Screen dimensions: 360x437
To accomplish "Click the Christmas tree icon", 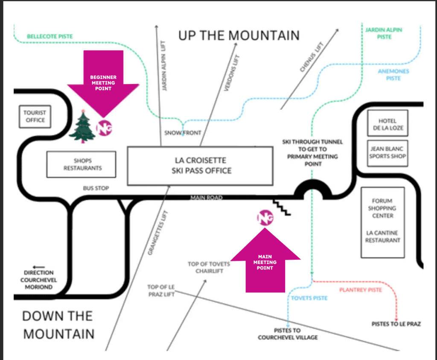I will [x=82, y=126].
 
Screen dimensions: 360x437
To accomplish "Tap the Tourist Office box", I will [x=35, y=117].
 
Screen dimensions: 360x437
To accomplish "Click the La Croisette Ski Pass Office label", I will [x=200, y=166].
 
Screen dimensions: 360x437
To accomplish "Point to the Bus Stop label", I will [x=96, y=188].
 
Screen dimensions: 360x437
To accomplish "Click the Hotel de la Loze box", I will [x=387, y=124].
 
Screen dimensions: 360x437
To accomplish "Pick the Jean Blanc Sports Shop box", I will [x=387, y=152].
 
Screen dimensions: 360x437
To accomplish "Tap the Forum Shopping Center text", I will [x=382, y=208].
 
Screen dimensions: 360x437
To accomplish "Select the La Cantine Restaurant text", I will [x=382, y=237].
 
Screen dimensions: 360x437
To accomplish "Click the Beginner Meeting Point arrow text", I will [x=103, y=83].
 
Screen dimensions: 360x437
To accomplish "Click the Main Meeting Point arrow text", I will [x=265, y=262].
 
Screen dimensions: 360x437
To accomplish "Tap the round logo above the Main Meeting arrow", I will [x=265, y=218].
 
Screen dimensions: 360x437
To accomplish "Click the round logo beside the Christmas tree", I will [x=104, y=128].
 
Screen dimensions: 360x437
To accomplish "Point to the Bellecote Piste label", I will [x=50, y=37].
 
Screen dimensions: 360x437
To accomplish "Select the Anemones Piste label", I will [x=393, y=75].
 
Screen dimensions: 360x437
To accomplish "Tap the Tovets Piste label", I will [x=309, y=298].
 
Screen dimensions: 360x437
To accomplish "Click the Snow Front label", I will [x=183, y=133].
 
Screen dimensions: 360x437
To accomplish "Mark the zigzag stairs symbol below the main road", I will [x=282, y=207].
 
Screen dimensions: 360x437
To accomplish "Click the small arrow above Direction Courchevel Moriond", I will [x=38, y=267].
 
